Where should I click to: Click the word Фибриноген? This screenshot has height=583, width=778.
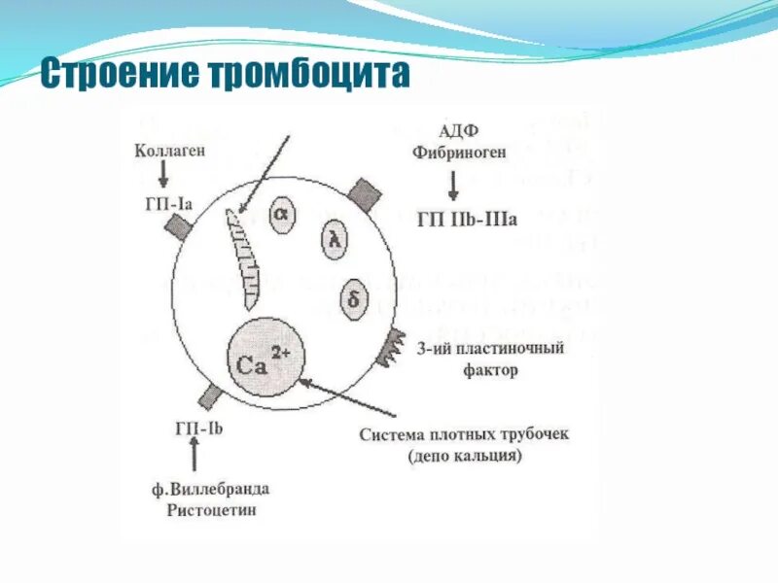pyautogui.click(x=454, y=153)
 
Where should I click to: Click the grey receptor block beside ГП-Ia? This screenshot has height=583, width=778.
pyautogui.click(x=179, y=226)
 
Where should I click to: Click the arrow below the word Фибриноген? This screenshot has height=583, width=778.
pyautogui.click(x=454, y=184)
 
